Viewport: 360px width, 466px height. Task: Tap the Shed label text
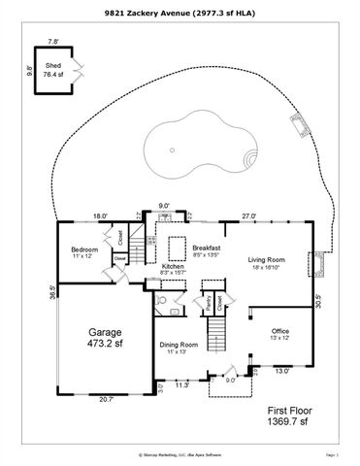pos(53,67)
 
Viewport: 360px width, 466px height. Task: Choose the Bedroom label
pos(84,250)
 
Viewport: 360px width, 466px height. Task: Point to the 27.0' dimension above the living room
pos(248,216)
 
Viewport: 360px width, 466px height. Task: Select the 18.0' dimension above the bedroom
pos(99,216)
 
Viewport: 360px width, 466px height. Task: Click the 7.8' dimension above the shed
pos(52,41)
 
